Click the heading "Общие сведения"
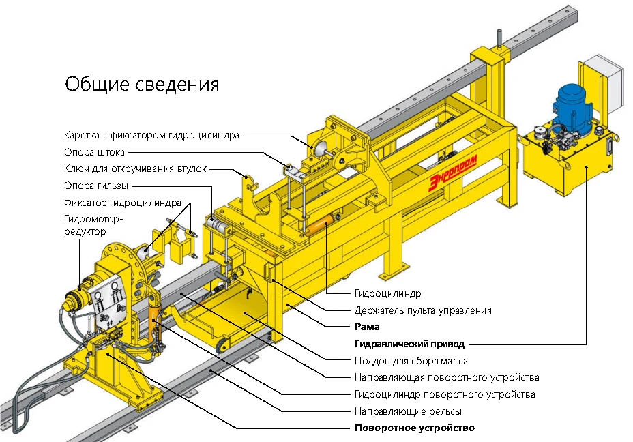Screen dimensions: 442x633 142,84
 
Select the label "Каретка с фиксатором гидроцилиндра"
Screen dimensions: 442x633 151,135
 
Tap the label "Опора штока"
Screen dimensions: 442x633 94,152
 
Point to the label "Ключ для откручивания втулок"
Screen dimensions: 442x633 134,168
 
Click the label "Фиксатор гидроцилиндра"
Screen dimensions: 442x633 123,203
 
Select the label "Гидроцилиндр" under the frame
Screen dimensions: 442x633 387,293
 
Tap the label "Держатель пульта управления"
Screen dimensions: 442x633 423,310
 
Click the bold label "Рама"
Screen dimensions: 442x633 367,327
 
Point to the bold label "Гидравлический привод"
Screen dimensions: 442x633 409,344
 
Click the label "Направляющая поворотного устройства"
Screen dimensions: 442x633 447,377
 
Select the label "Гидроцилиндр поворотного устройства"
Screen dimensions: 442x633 445,394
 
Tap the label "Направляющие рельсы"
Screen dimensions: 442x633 408,411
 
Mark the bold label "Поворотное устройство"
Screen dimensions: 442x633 414,428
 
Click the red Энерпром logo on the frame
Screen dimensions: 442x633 452,171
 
